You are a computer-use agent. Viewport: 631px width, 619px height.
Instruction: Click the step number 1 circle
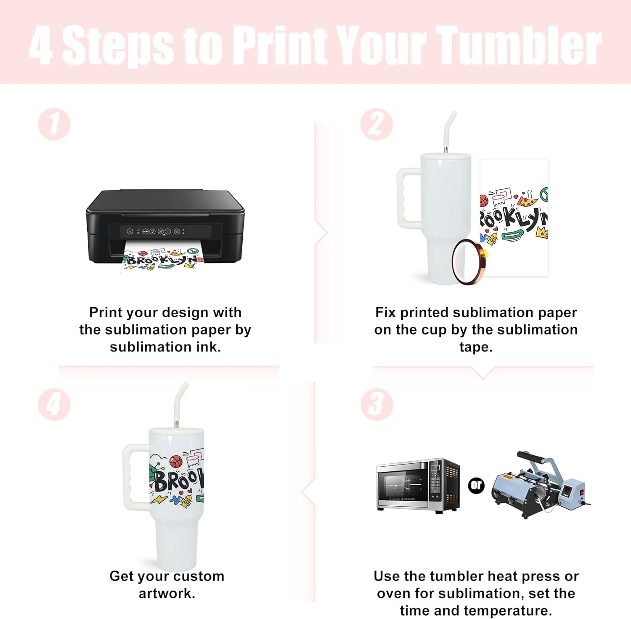pyautogui.click(x=54, y=125)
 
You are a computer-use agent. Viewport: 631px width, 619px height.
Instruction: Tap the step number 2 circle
pyautogui.click(x=377, y=125)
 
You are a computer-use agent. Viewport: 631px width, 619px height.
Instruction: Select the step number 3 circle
pyautogui.click(x=377, y=405)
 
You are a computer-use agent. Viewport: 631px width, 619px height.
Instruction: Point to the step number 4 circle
pyautogui.click(x=54, y=405)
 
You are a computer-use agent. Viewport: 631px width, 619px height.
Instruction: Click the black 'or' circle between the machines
pyautogui.click(x=476, y=486)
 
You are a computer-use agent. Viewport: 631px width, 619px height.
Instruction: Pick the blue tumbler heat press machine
pyautogui.click(x=541, y=485)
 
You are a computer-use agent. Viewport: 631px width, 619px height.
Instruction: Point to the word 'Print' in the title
pyautogui.click(x=282, y=45)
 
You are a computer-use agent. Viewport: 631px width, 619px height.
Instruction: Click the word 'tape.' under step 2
pyautogui.click(x=476, y=347)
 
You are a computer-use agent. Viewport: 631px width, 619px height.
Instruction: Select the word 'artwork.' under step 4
pyautogui.click(x=167, y=593)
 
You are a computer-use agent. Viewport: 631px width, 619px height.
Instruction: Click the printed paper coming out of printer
pyautogui.click(x=163, y=256)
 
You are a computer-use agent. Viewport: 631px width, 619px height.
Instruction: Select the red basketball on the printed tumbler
pyautogui.click(x=175, y=462)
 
